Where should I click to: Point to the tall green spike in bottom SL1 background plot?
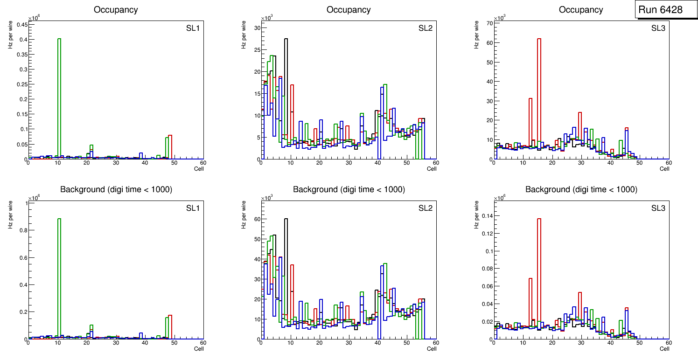(59, 280)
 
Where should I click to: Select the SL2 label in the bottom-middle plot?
(426, 208)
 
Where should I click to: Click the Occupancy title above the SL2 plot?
(349, 10)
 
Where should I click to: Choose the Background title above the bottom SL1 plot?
(116, 189)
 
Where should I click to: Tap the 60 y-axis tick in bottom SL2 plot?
(256, 219)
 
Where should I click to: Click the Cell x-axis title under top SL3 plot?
(664, 169)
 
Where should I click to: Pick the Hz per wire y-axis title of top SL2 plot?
(243, 38)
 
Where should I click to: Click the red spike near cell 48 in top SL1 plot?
(170, 147)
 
